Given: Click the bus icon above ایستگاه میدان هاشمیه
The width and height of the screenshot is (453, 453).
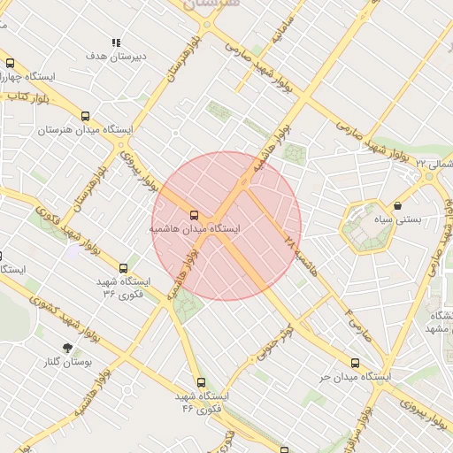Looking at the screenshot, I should click(x=194, y=215).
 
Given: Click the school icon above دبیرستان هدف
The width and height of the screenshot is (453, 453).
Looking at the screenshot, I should click(x=116, y=42).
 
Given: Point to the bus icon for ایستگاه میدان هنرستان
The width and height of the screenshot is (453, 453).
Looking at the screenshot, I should click(x=86, y=116).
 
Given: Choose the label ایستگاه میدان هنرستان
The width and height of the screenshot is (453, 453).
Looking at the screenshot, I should click(x=85, y=130).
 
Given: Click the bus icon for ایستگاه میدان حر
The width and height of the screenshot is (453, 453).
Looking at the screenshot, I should click(x=355, y=363).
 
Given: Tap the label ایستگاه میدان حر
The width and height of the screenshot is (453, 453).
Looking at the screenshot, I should click(x=357, y=377).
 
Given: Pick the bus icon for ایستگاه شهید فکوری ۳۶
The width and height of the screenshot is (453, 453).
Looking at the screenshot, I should click(x=123, y=267).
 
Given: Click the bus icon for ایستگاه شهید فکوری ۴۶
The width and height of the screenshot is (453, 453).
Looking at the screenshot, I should click(x=201, y=382).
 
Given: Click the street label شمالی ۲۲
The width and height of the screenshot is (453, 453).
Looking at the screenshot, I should click(x=434, y=165).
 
